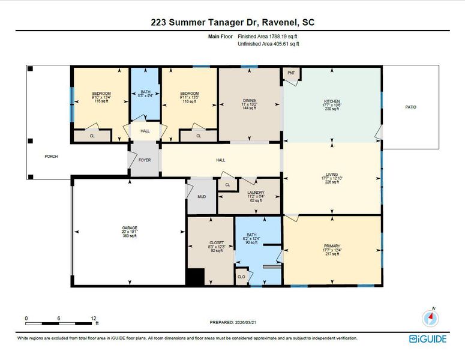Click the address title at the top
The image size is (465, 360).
(x=232, y=22)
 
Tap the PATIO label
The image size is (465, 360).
(x=410, y=107)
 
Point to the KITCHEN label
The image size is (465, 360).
(x=332, y=101)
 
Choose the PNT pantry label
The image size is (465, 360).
(x=292, y=73)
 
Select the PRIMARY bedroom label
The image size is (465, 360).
(x=332, y=246)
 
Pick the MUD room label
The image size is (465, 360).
(x=202, y=196)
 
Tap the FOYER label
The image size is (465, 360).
(x=145, y=160)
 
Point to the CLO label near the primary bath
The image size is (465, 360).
(x=241, y=277)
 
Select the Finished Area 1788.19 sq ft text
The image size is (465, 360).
(x=268, y=37)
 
